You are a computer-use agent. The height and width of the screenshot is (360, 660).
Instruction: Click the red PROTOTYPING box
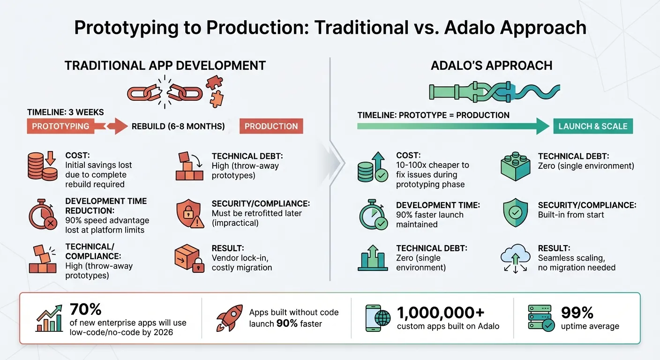point(60,126)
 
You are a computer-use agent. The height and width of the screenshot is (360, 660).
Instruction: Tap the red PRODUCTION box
point(271,126)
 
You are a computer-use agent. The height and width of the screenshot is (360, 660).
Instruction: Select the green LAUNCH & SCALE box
point(593,126)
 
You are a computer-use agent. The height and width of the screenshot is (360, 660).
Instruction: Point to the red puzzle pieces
point(215,91)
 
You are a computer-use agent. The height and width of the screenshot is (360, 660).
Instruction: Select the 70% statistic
point(86,309)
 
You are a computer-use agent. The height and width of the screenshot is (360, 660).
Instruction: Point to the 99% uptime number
point(577,312)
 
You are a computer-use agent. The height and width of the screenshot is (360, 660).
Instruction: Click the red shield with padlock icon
point(189,214)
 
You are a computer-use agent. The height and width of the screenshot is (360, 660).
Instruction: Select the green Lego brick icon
point(516,166)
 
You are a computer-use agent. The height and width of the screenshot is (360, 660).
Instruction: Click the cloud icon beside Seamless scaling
point(515,257)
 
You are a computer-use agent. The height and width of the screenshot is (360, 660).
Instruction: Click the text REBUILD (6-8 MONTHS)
point(178,126)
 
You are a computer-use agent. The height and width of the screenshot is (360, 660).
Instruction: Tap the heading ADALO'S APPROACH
point(491,66)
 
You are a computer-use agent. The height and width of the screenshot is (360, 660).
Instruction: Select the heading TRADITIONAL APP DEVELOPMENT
point(165,66)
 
